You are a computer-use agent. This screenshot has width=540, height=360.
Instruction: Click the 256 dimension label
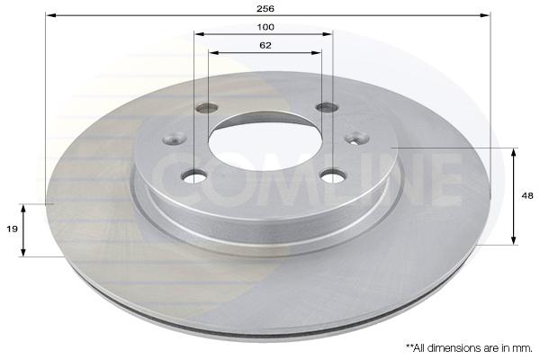tap(265, 9)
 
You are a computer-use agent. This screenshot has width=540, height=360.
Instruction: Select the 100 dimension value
tap(265, 27)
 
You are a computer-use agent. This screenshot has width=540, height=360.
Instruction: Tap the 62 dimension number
tap(265, 45)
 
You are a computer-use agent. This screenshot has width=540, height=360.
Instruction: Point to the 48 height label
tap(527, 195)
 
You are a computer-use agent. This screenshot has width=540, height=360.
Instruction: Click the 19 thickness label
tap(12, 229)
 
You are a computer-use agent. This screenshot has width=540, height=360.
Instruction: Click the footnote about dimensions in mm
tap(469, 348)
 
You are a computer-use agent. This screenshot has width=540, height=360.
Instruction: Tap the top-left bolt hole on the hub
tap(207, 108)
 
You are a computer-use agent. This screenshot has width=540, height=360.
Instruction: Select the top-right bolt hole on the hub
tap(328, 107)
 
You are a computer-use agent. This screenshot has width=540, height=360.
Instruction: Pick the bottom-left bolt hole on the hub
tap(193, 176)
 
